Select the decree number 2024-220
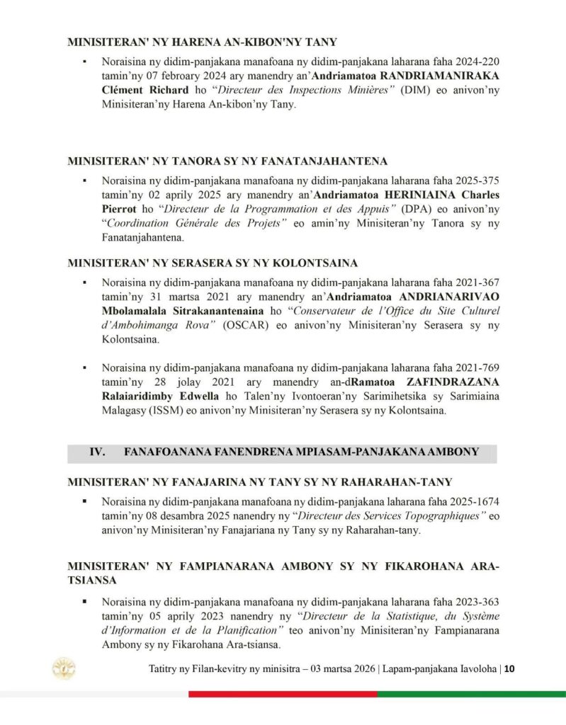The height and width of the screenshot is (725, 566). pyautogui.click(x=476, y=62)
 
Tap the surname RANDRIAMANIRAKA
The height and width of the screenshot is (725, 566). pyautogui.click(x=440, y=76)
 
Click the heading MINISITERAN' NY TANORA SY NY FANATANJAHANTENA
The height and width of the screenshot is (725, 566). pyautogui.click(x=227, y=161)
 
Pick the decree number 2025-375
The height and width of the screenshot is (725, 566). pyautogui.click(x=476, y=181)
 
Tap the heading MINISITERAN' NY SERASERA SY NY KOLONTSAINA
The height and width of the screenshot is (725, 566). pyautogui.click(x=213, y=263)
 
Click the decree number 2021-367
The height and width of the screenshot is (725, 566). pyautogui.click(x=476, y=282)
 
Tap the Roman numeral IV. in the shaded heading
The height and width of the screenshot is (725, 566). pyautogui.click(x=97, y=452)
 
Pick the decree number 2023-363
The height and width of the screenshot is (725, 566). pyautogui.click(x=476, y=601)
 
